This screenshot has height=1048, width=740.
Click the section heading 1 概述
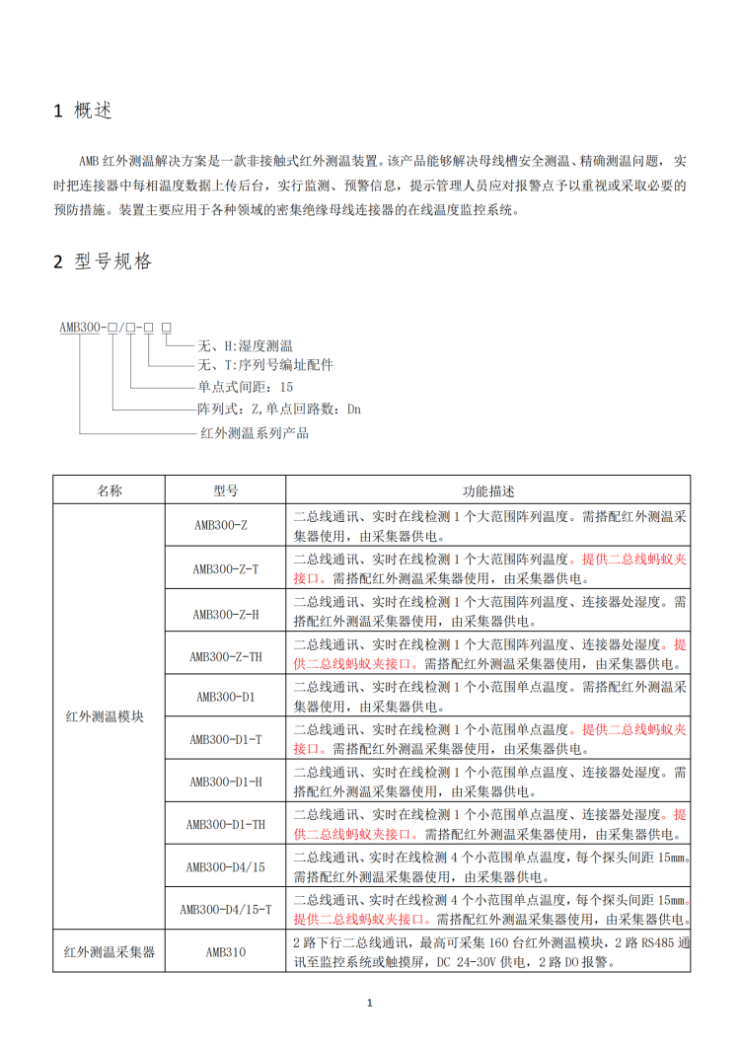(x=83, y=111)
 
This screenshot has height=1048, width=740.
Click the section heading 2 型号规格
(x=103, y=262)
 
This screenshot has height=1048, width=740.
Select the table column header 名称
(x=110, y=490)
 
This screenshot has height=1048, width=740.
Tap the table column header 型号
(x=225, y=490)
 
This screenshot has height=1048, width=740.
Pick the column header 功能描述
(x=488, y=490)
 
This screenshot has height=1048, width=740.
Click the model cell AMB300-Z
(x=225, y=526)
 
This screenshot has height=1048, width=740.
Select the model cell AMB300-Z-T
(x=225, y=568)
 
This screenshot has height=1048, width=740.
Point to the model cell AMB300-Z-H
(x=225, y=612)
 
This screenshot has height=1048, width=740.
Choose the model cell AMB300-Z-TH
(x=225, y=654)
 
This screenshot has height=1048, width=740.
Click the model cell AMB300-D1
(x=225, y=697)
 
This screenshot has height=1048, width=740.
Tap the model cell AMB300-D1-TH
(x=225, y=824)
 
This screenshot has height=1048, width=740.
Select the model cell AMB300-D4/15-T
(x=225, y=909)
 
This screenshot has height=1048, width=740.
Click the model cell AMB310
(x=225, y=952)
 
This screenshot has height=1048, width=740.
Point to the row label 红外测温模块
(x=110, y=717)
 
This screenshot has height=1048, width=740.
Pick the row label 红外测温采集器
(x=110, y=952)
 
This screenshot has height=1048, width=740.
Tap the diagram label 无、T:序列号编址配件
(x=265, y=365)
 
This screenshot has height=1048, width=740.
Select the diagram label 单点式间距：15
(x=246, y=387)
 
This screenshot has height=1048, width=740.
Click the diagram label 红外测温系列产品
(x=254, y=432)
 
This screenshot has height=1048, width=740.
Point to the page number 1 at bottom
(x=370, y=1004)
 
